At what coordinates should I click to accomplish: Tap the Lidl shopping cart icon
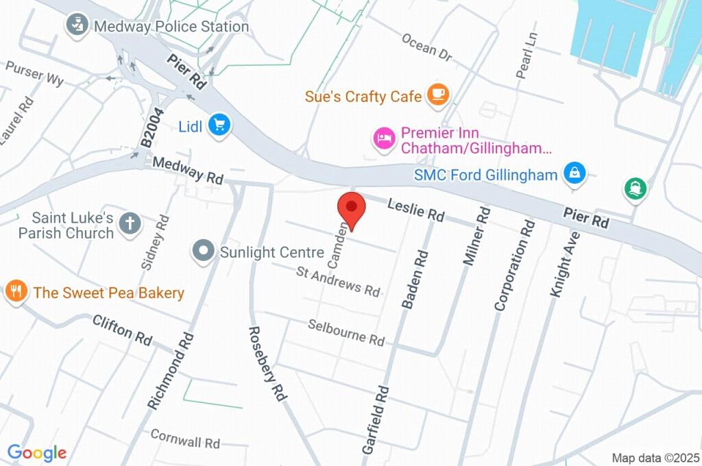click(x=220, y=125)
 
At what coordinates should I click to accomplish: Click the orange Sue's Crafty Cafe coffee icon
click(x=437, y=95)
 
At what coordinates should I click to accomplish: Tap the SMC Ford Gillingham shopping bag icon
click(x=574, y=173)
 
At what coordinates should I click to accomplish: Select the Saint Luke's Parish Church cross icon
click(x=129, y=223)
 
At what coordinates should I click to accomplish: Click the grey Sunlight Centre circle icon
click(x=204, y=252)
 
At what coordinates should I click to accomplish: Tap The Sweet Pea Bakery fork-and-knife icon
click(x=15, y=293)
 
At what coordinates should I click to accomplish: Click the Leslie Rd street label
click(x=415, y=210)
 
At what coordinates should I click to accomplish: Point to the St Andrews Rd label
click(x=338, y=282)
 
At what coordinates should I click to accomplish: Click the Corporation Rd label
click(x=514, y=265)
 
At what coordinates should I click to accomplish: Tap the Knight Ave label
click(x=564, y=264)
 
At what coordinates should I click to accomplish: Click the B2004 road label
click(x=153, y=127)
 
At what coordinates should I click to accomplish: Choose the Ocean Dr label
click(x=427, y=47)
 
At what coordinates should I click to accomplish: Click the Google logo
click(x=37, y=453)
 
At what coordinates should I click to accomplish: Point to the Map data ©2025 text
click(x=655, y=457)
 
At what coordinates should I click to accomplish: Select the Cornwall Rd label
click(x=184, y=437)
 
